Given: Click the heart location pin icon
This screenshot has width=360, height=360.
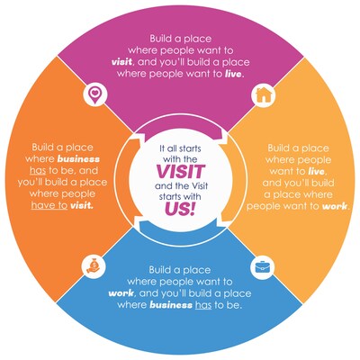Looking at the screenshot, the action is pos(95,94).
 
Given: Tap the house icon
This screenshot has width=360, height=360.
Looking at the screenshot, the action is pos(263,94).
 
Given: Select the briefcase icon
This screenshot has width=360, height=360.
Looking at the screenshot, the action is pos(263,266).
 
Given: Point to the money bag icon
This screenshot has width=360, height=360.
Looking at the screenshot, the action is pos(94,265).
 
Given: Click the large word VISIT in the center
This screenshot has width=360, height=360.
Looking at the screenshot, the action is pos(181,171).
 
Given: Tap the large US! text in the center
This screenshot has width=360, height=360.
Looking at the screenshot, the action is pos(180,209).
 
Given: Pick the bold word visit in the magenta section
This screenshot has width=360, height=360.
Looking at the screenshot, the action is pos(121,62).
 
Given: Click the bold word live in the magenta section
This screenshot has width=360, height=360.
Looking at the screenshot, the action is pos(233,74).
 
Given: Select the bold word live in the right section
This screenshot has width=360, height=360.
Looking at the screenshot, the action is pos(316,171).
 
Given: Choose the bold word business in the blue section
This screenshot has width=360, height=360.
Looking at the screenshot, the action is pos(171,305).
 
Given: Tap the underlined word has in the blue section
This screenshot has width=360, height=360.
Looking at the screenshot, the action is pos(203,305).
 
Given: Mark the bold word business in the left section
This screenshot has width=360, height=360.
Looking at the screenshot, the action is pos(78,158).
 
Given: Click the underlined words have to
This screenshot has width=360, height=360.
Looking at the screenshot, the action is pos(49,205).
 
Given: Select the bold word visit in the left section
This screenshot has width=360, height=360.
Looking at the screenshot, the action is pos(81,205).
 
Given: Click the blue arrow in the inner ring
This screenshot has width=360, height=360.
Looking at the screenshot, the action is pos(180,227).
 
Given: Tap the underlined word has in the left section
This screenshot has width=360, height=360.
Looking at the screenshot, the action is pos(38,170).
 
